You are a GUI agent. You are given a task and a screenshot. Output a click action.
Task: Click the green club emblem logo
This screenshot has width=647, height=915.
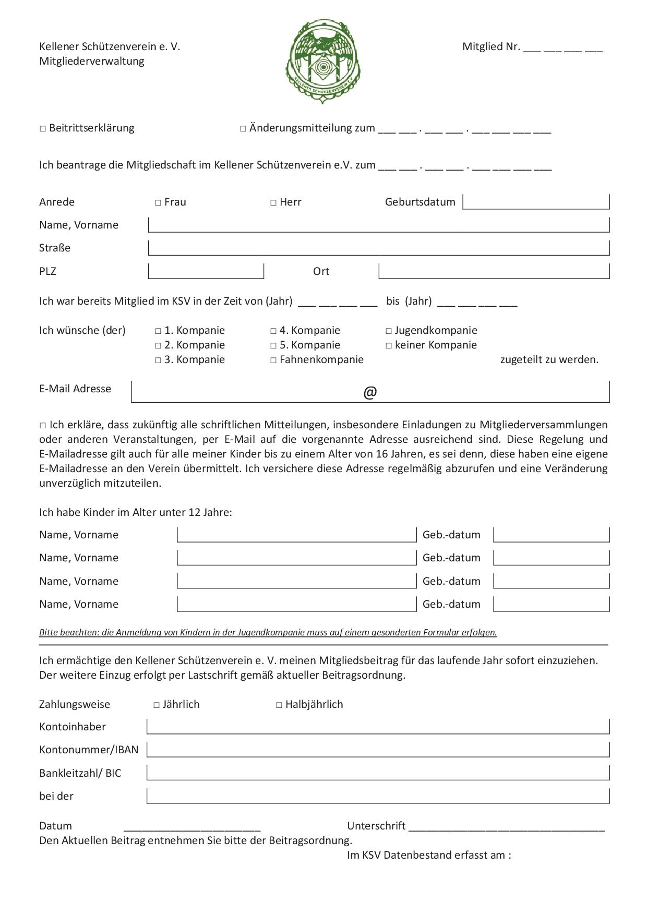(323, 61)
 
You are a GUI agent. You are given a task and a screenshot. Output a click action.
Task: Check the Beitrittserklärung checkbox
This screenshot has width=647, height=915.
(43, 128)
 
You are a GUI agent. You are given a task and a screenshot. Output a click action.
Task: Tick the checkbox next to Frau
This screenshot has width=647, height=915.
(158, 202)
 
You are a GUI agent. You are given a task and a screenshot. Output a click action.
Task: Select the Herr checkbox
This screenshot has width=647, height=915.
(273, 202)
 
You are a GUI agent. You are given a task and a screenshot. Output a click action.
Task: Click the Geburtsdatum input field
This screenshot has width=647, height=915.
(536, 202)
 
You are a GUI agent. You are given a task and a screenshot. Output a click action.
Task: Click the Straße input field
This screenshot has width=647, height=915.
(379, 248)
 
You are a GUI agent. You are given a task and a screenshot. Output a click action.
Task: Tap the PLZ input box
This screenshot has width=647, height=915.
(206, 271)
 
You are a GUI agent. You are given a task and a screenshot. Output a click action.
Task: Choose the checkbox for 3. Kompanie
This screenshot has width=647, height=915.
(158, 360)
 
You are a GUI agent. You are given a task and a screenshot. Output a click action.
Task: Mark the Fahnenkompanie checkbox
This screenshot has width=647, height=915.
(273, 360)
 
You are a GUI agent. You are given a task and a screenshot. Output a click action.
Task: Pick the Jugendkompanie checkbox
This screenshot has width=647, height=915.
(389, 331)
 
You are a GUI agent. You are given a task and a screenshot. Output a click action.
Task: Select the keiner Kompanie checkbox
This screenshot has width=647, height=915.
(389, 345)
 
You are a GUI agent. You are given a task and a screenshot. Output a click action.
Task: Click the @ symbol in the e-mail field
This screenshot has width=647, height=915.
(370, 392)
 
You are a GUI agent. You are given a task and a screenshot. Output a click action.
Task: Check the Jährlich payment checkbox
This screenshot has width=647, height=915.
(157, 705)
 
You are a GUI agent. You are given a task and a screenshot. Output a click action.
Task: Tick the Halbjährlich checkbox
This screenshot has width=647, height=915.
(279, 705)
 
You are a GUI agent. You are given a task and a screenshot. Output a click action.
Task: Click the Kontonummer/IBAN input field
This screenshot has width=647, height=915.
(378, 750)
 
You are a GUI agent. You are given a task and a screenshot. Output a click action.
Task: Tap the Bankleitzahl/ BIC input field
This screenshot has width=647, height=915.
(378, 773)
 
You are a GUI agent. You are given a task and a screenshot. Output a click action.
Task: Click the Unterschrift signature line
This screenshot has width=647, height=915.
(507, 826)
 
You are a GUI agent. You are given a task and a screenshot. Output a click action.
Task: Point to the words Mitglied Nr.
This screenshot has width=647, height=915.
(491, 46)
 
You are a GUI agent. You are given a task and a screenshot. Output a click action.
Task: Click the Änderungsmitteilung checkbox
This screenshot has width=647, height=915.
(243, 128)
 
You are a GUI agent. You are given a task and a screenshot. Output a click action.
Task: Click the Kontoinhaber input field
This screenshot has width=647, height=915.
(378, 727)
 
